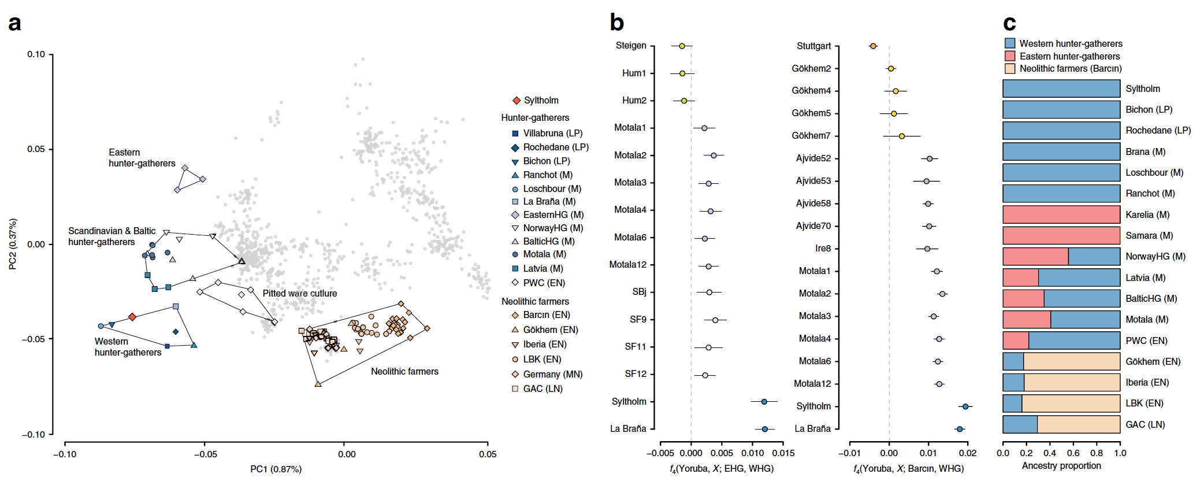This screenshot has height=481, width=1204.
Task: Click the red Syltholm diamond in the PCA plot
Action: click(x=132, y=317)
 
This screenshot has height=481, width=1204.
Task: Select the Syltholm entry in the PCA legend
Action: click(x=541, y=101)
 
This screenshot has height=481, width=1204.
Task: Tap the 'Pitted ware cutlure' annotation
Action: click(x=299, y=293)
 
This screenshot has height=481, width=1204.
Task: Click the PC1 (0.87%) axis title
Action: click(x=276, y=469)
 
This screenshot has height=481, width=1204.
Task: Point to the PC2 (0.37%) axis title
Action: click(x=13, y=244)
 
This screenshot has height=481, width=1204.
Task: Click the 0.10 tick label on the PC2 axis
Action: click(x=36, y=54)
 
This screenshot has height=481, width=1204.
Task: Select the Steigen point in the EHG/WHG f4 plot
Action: click(x=682, y=46)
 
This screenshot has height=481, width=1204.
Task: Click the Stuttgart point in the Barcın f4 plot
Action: click(x=873, y=46)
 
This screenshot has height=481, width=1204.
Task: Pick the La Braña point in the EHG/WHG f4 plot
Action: click(x=764, y=429)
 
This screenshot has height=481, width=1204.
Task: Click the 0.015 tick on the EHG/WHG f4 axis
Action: click(x=783, y=453)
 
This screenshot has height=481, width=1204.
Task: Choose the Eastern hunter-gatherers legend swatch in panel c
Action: click(x=1010, y=56)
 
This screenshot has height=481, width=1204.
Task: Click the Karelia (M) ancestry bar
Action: click(x=1061, y=214)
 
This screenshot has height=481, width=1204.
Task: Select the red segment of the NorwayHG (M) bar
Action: click(x=1035, y=257)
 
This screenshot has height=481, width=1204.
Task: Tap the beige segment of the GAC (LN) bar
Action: click(x=1078, y=424)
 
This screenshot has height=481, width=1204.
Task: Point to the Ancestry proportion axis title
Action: click(x=1061, y=466)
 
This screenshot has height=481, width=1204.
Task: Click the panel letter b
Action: click(x=616, y=23)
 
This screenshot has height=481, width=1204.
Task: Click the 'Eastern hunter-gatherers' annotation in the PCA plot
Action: click(x=142, y=158)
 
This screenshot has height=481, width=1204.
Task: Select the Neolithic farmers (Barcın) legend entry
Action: click(x=1070, y=69)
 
